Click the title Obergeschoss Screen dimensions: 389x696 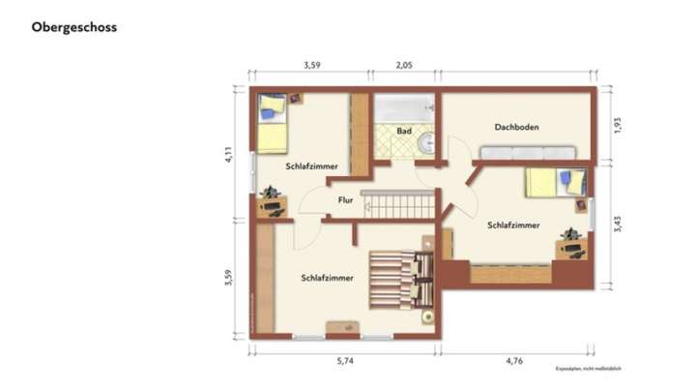[73, 27]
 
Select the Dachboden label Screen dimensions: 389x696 [516, 127]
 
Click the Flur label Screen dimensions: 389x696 [345, 201]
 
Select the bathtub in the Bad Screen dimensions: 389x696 [404, 106]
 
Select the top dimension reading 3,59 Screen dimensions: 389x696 [311, 66]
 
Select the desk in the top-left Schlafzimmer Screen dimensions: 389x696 [271, 203]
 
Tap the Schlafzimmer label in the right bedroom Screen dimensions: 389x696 [513, 225]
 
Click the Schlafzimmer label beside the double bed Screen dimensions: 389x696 [326, 278]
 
